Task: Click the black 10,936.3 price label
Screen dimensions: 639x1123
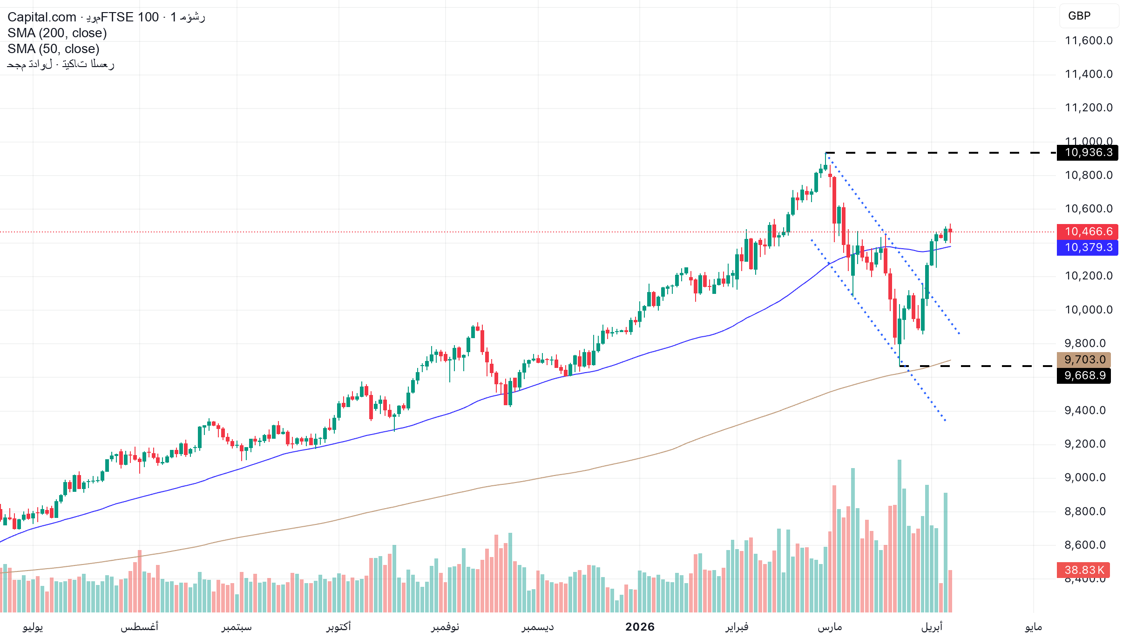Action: click(1088, 152)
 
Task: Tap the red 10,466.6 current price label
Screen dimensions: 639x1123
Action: click(1088, 231)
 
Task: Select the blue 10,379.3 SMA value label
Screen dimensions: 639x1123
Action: click(1088, 247)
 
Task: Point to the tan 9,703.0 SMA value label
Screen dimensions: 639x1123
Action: click(1084, 360)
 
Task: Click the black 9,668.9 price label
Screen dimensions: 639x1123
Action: click(1084, 375)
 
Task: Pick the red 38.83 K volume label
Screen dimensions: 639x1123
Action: click(1083, 570)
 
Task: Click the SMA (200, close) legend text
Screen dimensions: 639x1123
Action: click(57, 33)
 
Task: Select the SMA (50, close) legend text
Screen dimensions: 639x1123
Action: click(54, 49)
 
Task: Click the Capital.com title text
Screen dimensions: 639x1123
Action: click(42, 17)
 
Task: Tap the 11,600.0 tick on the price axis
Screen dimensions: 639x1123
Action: click(1089, 41)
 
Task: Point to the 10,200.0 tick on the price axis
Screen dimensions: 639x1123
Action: click(1089, 276)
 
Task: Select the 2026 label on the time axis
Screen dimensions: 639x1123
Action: click(640, 627)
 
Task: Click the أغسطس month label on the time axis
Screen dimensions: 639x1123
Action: click(140, 627)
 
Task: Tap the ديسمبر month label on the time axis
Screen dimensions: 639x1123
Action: click(538, 627)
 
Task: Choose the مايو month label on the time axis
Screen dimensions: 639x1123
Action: click(1033, 627)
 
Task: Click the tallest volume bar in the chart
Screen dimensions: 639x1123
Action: click(900, 536)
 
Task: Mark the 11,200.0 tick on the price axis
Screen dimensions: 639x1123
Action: click(1089, 108)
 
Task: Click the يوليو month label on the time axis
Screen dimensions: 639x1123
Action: click(33, 627)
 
